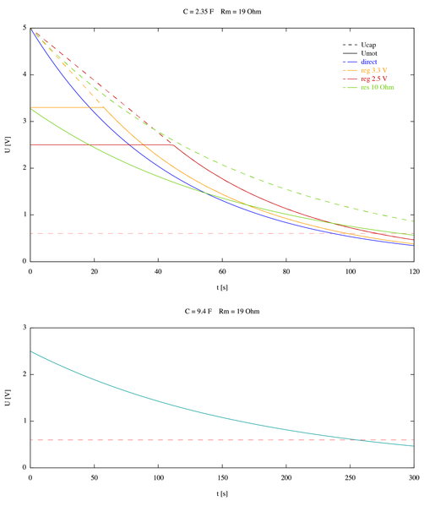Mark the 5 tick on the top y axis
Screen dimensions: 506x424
(x=23, y=28)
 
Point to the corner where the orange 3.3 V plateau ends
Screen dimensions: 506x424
(x=104, y=107)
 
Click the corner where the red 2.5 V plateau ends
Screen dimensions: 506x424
(x=174, y=144)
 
